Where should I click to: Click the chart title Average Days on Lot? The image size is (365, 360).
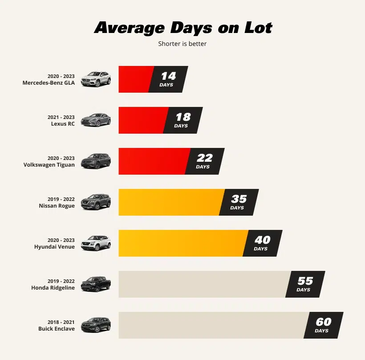click(183, 28)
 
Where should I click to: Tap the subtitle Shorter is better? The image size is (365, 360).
click(182, 44)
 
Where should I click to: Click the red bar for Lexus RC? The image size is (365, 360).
click(142, 120)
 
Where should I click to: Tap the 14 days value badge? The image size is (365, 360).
click(168, 79)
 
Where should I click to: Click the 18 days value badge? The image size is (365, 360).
click(182, 120)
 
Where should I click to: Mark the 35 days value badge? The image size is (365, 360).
click(239, 202)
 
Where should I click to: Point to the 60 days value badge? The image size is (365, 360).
click(323, 325)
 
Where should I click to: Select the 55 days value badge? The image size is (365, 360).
click(305, 284)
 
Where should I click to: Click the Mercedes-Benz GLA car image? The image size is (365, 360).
click(96, 79)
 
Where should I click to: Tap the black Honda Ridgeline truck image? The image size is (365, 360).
click(96, 285)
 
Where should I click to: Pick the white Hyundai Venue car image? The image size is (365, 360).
click(96, 244)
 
